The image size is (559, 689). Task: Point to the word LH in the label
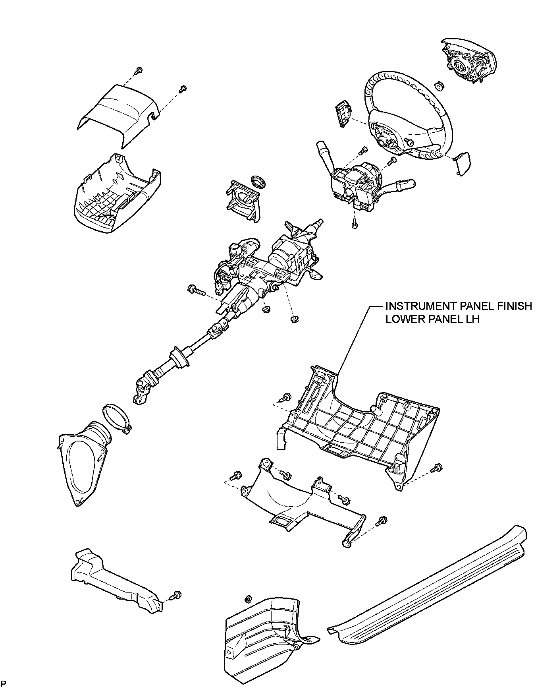point(472,319)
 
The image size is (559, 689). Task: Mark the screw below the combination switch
point(355,224)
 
